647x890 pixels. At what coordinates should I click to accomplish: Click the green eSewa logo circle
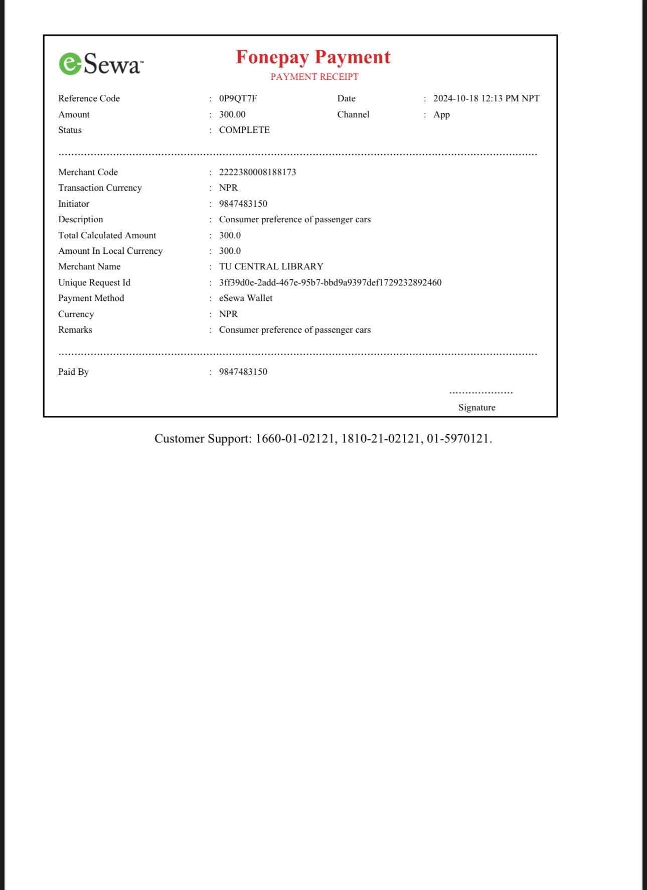(x=70, y=64)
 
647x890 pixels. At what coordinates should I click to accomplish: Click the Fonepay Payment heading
(x=313, y=57)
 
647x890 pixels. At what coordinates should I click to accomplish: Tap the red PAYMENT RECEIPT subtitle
(x=314, y=77)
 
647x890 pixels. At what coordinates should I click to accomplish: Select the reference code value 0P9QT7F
(x=238, y=98)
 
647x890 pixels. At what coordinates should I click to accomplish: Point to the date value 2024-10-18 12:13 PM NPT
(x=486, y=98)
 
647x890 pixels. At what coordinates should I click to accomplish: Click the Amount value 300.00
(x=232, y=114)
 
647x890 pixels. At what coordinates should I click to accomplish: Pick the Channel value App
(x=441, y=114)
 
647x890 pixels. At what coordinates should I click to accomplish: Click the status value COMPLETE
(x=244, y=130)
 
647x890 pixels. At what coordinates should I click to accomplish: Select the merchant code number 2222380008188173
(x=257, y=172)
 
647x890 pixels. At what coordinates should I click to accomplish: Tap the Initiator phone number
(x=243, y=204)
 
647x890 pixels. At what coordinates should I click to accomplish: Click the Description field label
(x=81, y=219)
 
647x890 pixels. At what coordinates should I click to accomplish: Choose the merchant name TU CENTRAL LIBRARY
(x=271, y=266)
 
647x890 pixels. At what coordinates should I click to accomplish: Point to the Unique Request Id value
(x=330, y=282)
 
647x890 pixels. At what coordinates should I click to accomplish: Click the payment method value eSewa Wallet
(x=246, y=298)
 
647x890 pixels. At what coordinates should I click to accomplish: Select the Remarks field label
(x=75, y=330)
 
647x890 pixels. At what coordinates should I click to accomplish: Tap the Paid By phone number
(x=243, y=372)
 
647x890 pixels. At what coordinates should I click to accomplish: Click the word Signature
(x=476, y=407)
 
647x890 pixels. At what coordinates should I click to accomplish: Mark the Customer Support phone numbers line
(x=323, y=438)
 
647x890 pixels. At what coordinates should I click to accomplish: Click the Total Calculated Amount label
(x=107, y=235)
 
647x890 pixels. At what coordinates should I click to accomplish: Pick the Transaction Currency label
(x=100, y=188)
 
